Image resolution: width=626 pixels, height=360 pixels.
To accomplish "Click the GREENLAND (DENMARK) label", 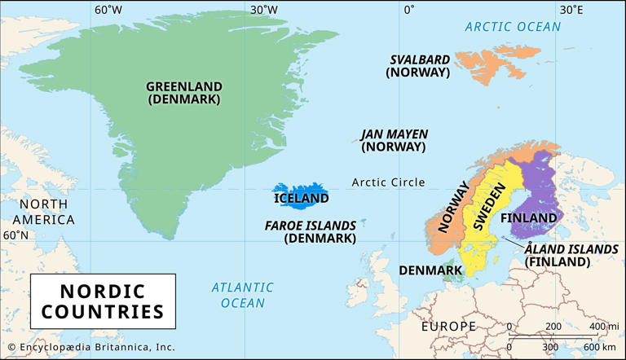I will tap(184, 92).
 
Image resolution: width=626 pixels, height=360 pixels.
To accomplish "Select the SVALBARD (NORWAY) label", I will tap(418, 65).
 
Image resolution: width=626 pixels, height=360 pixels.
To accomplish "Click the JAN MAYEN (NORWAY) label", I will tap(394, 140).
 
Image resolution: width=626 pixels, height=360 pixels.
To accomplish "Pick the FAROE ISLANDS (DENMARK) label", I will tap(311, 232).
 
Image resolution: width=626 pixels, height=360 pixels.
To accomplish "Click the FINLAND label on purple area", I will tap(528, 217).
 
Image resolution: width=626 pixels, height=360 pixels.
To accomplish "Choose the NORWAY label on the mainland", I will tap(454, 208).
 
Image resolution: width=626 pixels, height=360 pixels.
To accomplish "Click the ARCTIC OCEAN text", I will tap(513, 27).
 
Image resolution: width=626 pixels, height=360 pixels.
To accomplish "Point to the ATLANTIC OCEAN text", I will tap(242, 295).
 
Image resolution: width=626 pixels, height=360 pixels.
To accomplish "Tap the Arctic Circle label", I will tap(388, 182).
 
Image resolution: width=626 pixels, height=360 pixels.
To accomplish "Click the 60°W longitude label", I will tap(108, 11).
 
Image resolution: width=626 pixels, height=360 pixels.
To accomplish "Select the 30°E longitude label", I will tap(571, 11).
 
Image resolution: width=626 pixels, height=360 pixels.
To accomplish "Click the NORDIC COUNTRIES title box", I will tap(103, 301).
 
